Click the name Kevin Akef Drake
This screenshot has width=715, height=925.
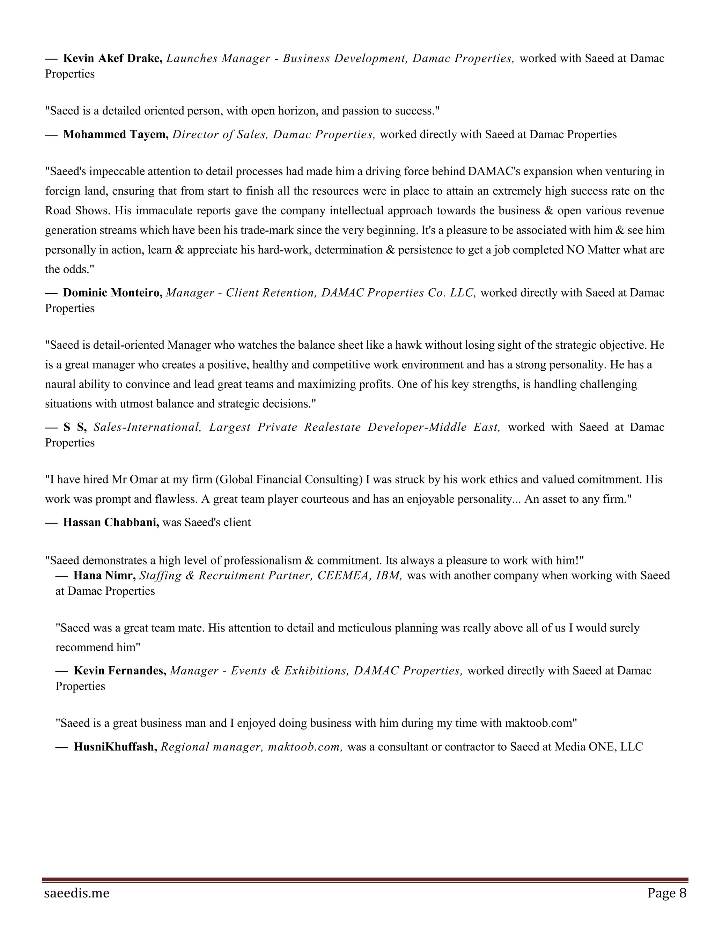pos(112,58)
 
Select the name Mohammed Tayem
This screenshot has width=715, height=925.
pos(116,135)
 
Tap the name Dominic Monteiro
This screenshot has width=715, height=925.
pos(113,293)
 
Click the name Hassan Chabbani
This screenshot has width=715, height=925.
pos(111,522)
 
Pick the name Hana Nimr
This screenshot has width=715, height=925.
pos(104,576)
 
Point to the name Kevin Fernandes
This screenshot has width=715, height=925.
pos(120,671)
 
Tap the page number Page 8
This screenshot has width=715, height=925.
pos(667,893)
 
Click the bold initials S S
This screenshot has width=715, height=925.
pos(75,427)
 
